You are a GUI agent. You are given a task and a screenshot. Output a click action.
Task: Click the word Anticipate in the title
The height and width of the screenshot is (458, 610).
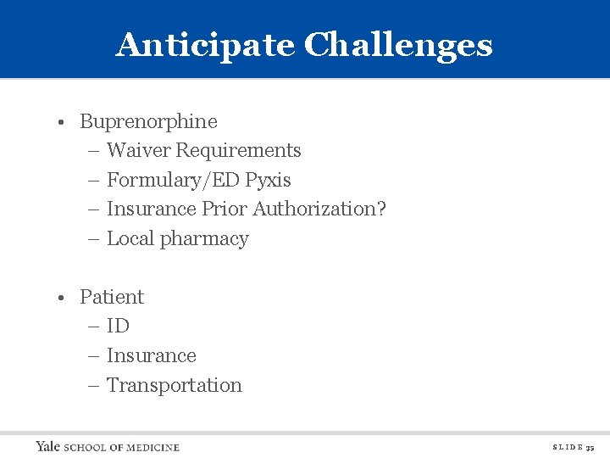coord(206,45)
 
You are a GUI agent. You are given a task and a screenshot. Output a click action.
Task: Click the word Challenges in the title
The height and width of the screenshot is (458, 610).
coord(398,45)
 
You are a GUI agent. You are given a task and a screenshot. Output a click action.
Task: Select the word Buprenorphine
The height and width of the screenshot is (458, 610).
coord(148,121)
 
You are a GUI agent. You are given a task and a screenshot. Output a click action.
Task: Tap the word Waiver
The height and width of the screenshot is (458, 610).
coord(139,151)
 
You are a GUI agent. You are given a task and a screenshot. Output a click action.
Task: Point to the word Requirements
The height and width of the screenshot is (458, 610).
coord(238,151)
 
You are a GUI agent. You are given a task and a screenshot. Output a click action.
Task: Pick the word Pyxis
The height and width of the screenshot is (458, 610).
coord(269,181)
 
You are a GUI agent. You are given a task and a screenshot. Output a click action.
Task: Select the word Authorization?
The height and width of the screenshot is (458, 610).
coord(319,209)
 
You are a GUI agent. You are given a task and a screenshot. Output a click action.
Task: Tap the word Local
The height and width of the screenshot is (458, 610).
coord(130,239)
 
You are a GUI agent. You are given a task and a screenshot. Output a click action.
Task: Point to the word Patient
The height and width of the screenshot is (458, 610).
coord(112,297)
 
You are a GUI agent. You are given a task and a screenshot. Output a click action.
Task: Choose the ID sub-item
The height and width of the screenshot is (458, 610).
coord(118,327)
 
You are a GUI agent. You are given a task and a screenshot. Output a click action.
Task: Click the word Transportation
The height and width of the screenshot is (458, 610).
coord(175,385)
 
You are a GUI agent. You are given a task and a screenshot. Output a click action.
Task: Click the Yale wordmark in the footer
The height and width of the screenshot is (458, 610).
coord(48,446)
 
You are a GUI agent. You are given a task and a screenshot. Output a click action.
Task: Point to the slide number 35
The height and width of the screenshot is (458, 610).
coord(591,447)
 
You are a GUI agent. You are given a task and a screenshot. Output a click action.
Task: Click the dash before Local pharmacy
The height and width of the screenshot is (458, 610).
coord(93,240)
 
